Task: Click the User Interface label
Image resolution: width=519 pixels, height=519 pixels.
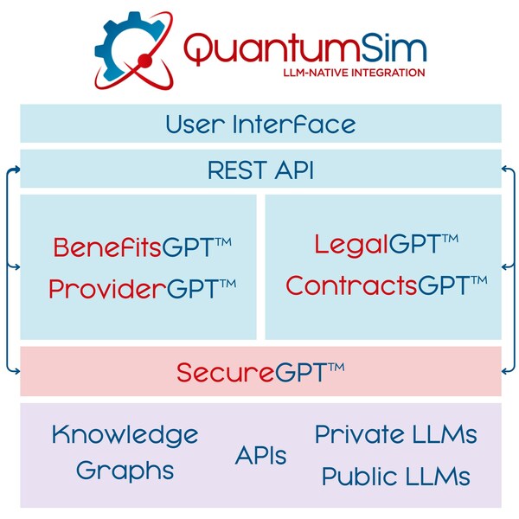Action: (x=260, y=124)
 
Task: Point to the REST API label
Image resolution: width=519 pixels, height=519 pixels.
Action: (x=260, y=170)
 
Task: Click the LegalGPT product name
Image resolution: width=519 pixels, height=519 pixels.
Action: (x=386, y=244)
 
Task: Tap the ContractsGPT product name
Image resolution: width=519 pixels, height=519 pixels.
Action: (x=386, y=285)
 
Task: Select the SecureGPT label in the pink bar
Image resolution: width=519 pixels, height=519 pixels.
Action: (x=260, y=372)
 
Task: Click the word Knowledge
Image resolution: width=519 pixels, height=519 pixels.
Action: (x=125, y=433)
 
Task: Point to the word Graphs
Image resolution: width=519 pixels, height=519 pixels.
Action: (x=125, y=471)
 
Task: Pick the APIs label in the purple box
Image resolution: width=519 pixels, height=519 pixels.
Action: (x=260, y=455)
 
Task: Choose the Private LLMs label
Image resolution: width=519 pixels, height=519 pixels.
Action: (x=395, y=434)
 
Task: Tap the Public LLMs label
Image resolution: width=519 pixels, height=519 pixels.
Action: (x=395, y=476)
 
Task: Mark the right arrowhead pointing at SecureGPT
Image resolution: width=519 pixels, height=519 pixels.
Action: (x=504, y=370)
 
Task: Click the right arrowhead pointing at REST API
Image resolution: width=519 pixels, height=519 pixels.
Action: (x=504, y=170)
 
